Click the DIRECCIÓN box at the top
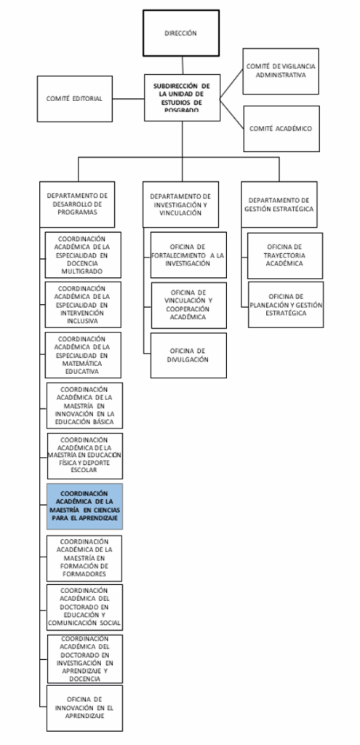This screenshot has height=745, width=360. tap(181, 33)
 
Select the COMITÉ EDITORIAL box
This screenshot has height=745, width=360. tap(75, 99)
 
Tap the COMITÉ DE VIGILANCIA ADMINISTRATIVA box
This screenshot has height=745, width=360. tap(281, 71)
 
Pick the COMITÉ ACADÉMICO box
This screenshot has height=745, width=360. tap(281, 129)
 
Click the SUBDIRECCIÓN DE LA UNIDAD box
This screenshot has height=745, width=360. tap(183, 97)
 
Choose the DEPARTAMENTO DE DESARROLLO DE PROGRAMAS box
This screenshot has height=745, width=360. tap(77, 204)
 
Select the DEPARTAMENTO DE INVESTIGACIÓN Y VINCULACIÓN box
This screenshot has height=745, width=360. tap(180, 204)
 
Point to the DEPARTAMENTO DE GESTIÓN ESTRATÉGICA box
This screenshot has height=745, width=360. tap(279, 204)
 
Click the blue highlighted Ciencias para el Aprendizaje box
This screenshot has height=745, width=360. tap(84, 506)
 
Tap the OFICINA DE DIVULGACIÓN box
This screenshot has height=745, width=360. tap(188, 355)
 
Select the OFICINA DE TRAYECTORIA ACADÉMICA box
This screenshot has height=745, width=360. tap(285, 255)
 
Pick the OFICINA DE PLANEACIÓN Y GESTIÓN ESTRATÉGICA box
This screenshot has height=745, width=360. tap(286, 305)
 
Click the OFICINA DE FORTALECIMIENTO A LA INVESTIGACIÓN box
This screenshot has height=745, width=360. tap(188, 255)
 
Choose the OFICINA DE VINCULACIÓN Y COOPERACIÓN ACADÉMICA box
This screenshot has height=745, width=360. tap(189, 306)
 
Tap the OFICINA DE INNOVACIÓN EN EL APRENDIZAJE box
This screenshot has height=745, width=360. tap(84, 709)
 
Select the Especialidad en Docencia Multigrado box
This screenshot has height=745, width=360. tap(83, 255)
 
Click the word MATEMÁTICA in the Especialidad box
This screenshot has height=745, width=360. tap(83, 363)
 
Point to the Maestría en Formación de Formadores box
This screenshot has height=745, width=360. tap(84, 558)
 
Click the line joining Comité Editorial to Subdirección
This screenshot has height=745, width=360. tap(128, 99)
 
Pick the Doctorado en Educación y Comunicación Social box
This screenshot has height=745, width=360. tap(84, 607)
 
